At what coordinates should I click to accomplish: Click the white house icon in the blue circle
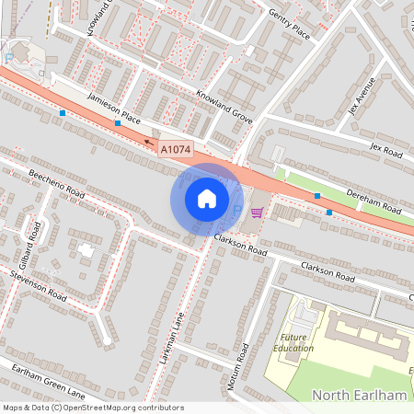[206, 198]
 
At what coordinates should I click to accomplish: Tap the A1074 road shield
[176, 148]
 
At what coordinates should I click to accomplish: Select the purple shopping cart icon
[256, 213]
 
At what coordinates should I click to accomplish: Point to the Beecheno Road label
[56, 182]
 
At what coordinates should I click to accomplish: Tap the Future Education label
[293, 342]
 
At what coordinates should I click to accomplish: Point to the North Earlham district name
[359, 395]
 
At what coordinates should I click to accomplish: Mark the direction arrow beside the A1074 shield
[148, 143]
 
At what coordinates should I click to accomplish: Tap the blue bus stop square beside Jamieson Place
[118, 122]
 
